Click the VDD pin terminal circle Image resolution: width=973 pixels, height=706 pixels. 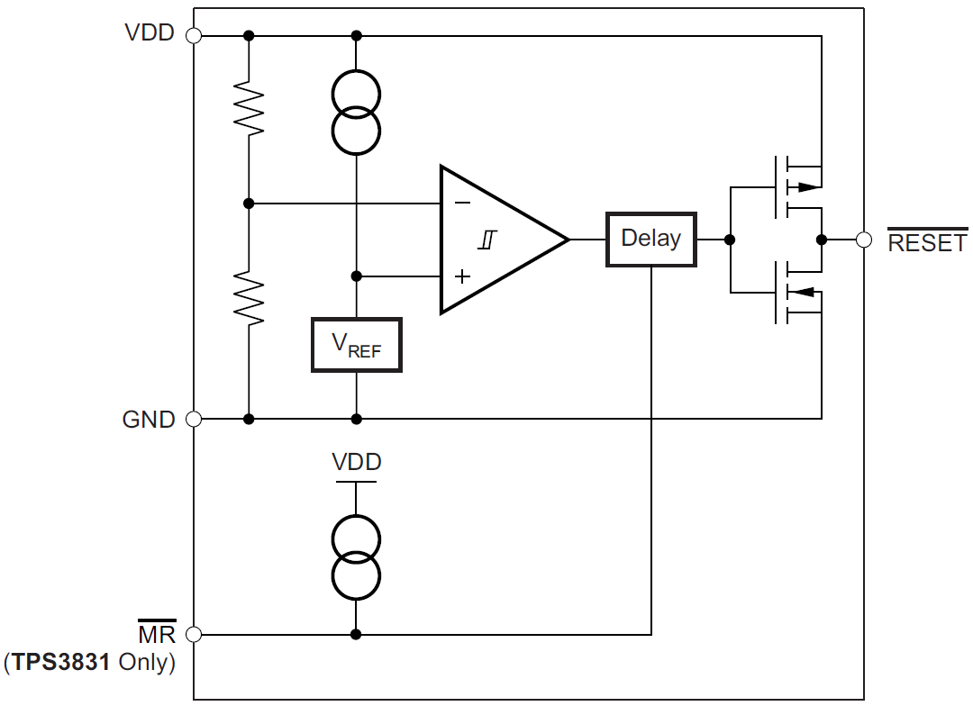tap(193, 36)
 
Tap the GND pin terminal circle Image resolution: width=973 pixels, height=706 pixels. tap(193, 419)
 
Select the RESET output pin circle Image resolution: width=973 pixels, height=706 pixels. tap(864, 240)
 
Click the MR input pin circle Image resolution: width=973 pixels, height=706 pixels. tap(193, 634)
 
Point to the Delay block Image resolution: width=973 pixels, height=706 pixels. tap(650, 240)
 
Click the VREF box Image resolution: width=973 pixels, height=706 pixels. tap(356, 345)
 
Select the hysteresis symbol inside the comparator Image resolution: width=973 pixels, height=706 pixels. tap(486, 240)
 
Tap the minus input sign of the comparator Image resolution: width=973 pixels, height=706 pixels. tap(462, 204)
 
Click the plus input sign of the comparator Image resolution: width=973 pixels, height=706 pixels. tap(462, 276)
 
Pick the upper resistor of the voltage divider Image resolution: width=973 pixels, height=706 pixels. tap(249, 108)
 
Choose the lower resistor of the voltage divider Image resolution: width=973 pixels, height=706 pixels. tap(249, 298)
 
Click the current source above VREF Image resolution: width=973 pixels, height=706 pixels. tap(356, 112)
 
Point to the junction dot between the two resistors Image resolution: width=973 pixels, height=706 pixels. tap(249, 204)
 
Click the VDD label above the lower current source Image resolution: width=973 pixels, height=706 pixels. tap(357, 463)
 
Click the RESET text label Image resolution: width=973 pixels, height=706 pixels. tap(927, 243)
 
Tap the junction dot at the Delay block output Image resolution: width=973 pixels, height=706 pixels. tap(730, 240)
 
